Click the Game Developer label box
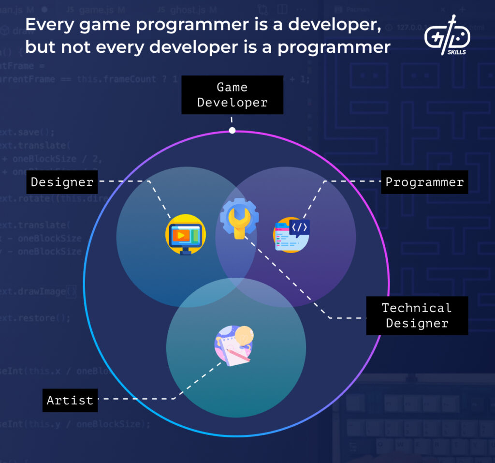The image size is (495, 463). pos(232,95)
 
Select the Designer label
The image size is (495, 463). pos(62,182)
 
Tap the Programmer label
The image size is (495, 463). pos(424,182)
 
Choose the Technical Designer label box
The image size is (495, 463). pos(417,315)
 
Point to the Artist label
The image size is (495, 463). pos(70,400)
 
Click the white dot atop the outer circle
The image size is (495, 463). pos(232,130)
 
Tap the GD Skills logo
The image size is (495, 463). pos(447,36)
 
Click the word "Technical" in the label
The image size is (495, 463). pos(416,308)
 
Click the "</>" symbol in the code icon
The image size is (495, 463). pos(299,226)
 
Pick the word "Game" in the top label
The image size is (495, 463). pos(232,87)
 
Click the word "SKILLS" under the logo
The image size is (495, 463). pos(456,52)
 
